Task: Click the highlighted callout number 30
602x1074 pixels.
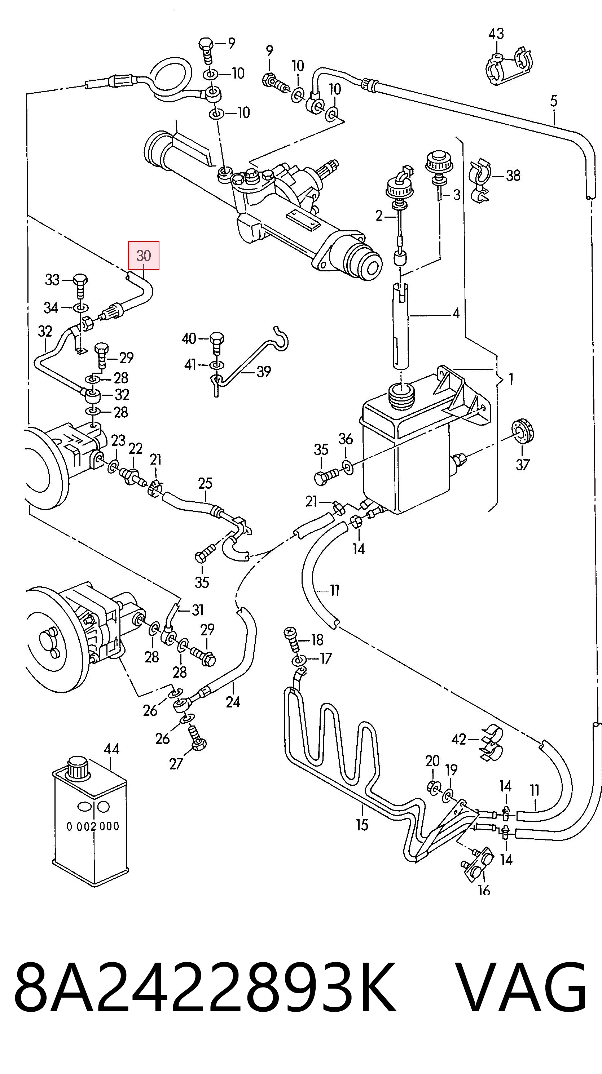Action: [x=144, y=255]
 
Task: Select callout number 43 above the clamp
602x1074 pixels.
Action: [x=496, y=34]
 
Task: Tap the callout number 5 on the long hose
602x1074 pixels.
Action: [x=554, y=101]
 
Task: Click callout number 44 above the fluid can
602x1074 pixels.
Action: [x=111, y=749]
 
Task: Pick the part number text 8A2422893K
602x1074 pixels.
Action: [x=205, y=990]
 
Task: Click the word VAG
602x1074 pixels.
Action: [x=520, y=990]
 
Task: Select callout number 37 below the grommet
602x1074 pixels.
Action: [x=522, y=464]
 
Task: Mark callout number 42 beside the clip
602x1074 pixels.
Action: [x=458, y=739]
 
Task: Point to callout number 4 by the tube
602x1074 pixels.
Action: [x=456, y=313]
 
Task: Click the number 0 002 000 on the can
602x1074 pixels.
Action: [x=93, y=826]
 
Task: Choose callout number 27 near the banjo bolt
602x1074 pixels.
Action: [x=176, y=764]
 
